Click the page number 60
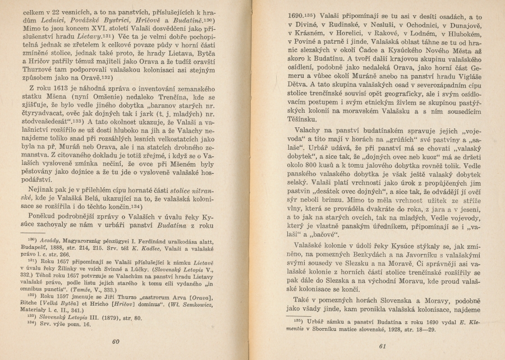click(116, 341)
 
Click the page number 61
click(384, 345)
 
